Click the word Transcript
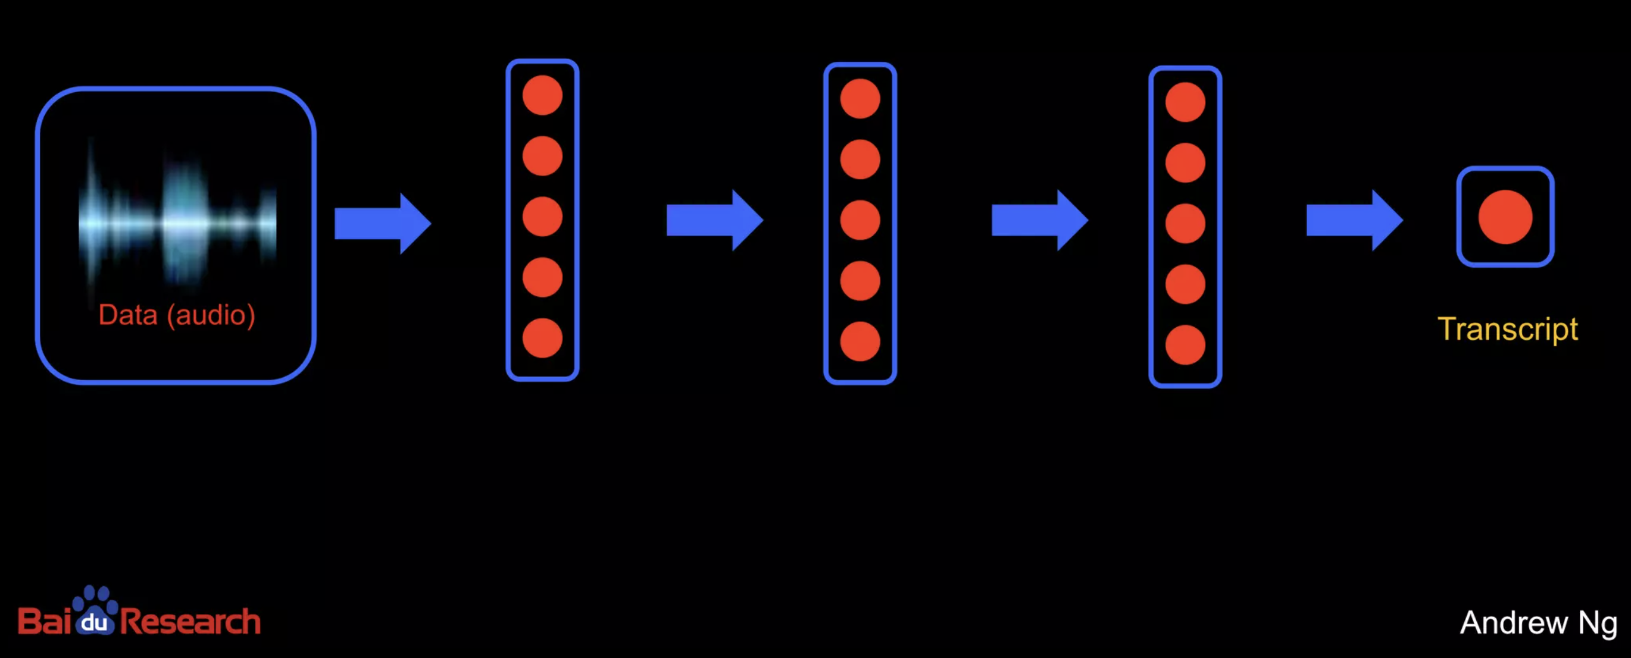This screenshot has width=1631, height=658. tap(1508, 330)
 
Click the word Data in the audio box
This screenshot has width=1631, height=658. tap(128, 315)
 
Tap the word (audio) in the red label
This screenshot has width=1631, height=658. tap(211, 315)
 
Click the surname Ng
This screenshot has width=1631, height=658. tap(1598, 624)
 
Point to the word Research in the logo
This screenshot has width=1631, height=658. tap(190, 621)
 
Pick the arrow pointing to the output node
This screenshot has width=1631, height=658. tap(1354, 220)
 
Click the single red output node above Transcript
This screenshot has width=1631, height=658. tap(1505, 217)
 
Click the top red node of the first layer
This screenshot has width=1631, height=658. tap(542, 96)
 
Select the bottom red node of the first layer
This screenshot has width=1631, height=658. tap(542, 339)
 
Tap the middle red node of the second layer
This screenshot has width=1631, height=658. tap(860, 220)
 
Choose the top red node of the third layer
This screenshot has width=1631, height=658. tap(1185, 102)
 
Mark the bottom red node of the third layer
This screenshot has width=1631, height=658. tap(1185, 345)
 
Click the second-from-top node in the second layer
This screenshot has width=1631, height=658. tap(860, 159)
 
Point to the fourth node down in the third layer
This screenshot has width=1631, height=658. tap(1185, 284)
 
